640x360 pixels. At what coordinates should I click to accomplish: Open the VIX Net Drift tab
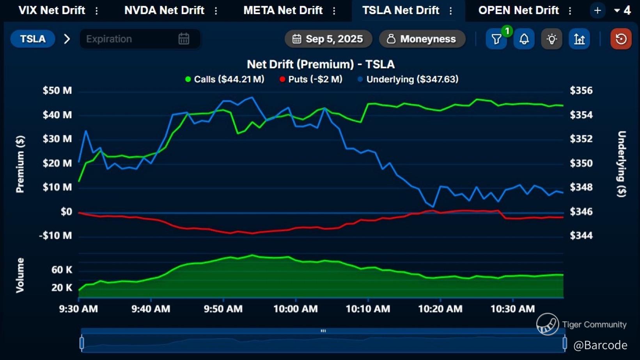[51, 10]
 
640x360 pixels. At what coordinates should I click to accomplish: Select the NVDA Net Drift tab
[164, 10]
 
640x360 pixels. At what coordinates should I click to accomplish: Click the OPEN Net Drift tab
[518, 10]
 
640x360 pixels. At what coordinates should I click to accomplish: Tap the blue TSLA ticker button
[33, 39]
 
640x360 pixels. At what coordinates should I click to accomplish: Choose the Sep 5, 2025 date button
[328, 39]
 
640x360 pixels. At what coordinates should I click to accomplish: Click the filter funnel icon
[496, 39]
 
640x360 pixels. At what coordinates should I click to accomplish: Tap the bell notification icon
[524, 39]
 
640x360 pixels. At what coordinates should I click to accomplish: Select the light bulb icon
[551, 39]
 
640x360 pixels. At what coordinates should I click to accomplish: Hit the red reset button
[621, 39]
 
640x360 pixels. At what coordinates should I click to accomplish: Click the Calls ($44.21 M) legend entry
[225, 79]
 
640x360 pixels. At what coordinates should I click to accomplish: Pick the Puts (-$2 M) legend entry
[311, 79]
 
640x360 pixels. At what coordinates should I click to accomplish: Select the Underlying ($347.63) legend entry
[408, 79]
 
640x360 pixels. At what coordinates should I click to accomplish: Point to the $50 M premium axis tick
[57, 90]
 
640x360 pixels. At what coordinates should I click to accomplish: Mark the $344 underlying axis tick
[581, 235]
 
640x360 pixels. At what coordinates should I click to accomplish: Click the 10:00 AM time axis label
[295, 309]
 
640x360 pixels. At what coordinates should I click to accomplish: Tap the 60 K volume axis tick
[62, 270]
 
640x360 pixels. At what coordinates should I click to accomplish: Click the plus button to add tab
[597, 11]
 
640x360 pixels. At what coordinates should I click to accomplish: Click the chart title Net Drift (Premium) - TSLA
[321, 64]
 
